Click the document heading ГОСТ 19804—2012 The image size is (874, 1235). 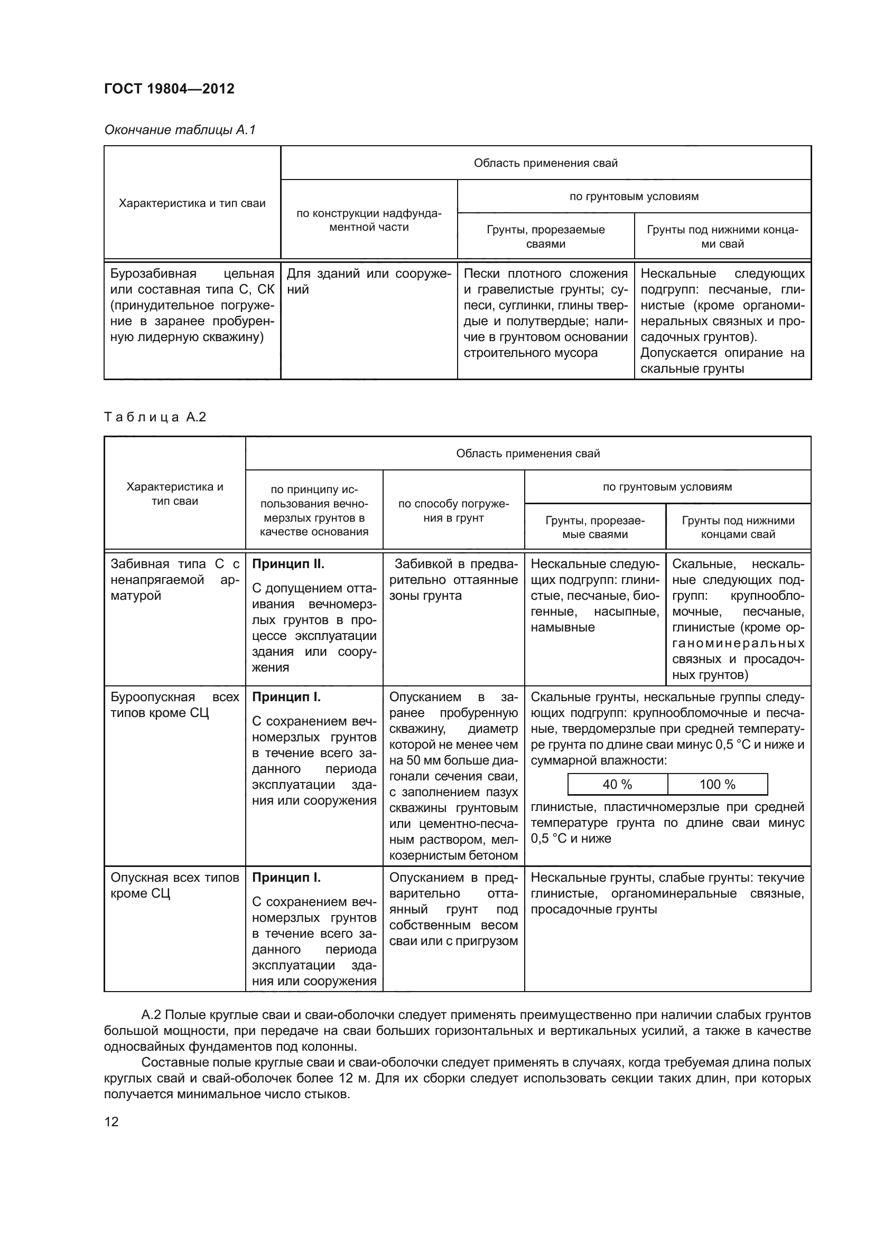[169, 89]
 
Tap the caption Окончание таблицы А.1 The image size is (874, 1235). [180, 130]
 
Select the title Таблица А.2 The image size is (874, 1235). [155, 417]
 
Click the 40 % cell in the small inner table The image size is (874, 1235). [617, 784]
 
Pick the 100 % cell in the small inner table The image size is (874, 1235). [717, 784]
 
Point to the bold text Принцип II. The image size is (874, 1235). [288, 564]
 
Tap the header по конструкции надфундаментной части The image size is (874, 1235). [369, 220]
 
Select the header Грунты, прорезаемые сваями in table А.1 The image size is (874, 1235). [545, 237]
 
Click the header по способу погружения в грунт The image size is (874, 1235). [453, 511]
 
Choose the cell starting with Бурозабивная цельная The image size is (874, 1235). [192, 305]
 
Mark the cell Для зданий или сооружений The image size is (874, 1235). [369, 281]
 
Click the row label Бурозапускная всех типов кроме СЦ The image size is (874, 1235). [174, 705]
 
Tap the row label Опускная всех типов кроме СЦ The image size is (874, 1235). [174, 885]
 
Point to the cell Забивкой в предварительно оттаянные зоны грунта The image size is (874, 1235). [453, 580]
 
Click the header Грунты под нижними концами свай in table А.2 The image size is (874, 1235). [737, 527]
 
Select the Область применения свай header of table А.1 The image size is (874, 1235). [545, 163]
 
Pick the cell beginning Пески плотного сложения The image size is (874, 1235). [545, 313]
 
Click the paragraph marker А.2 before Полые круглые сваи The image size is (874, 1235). [152, 1015]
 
